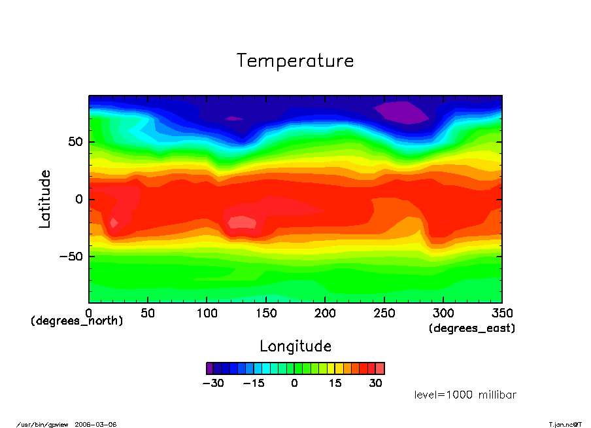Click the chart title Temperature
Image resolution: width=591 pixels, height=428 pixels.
pyautogui.click(x=295, y=61)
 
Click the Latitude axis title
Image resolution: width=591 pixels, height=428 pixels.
pyautogui.click(x=44, y=198)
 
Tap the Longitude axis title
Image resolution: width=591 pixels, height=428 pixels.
pyautogui.click(x=295, y=346)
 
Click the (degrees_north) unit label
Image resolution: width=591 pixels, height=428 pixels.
pyautogui.click(x=76, y=321)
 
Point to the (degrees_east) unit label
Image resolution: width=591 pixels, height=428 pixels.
pyautogui.click(x=472, y=329)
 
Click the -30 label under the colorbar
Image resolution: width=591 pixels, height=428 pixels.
pyautogui.click(x=212, y=383)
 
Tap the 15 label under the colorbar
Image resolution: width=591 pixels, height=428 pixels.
pyautogui.click(x=335, y=383)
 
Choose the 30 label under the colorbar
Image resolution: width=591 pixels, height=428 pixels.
pyautogui.click(x=375, y=383)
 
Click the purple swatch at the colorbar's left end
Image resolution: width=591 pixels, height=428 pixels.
pyautogui.click(x=210, y=368)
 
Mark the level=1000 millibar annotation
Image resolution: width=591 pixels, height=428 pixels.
pyautogui.click(x=465, y=395)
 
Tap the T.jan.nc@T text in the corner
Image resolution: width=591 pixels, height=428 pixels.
pyautogui.click(x=565, y=424)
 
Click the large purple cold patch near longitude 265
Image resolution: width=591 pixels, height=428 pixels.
pyautogui.click(x=401, y=112)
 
